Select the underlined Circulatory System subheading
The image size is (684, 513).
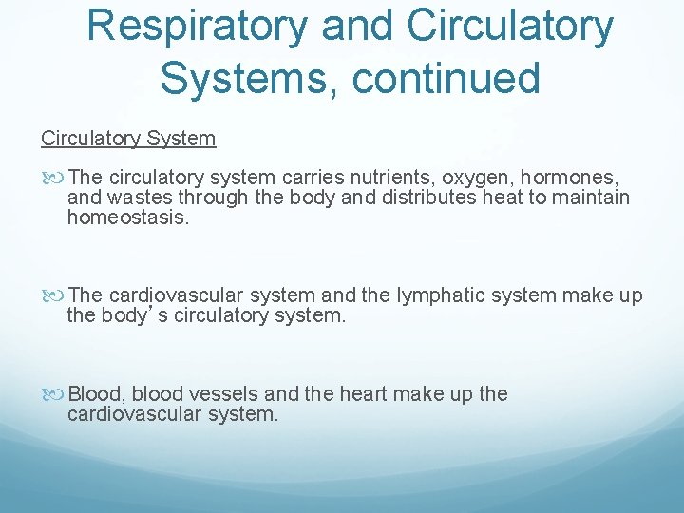point(128,139)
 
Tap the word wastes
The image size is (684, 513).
point(139,198)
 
